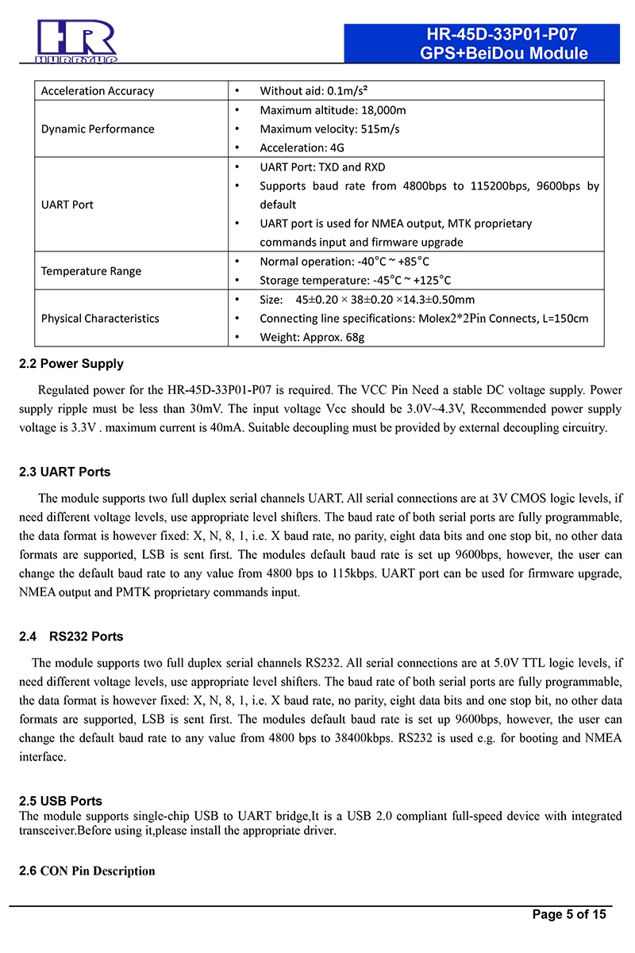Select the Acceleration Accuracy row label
click(98, 91)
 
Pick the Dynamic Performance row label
click(98, 129)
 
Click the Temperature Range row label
click(91, 271)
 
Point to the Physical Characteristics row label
click(100, 319)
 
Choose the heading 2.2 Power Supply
click(71, 364)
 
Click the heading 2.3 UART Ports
click(65, 472)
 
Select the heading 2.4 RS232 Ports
click(71, 637)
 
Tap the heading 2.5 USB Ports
click(61, 802)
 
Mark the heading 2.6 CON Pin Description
click(87, 871)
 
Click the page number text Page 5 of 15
click(569, 914)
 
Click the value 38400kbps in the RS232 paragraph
click(354, 738)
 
